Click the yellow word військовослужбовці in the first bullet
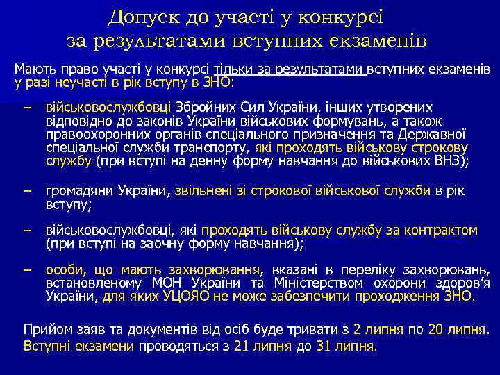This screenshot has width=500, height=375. coord(109,108)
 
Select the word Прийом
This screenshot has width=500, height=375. coord(47,327)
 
